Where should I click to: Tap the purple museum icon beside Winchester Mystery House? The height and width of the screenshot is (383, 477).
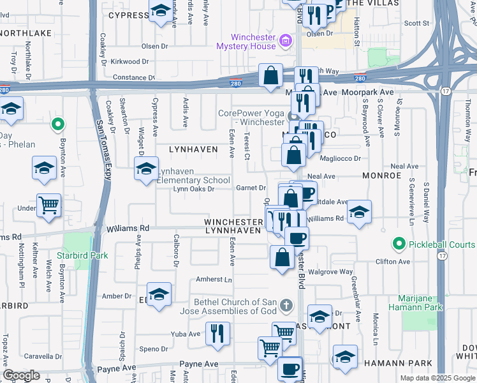coord(285,41)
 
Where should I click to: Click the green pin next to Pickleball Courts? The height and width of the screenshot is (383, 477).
coord(399,244)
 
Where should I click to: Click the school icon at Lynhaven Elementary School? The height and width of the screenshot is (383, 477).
coord(146,170)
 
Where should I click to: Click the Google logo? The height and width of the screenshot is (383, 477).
coord(21,375)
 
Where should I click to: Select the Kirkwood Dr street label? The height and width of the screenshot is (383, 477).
coord(129,62)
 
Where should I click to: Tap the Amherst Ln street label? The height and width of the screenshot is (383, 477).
coord(214,280)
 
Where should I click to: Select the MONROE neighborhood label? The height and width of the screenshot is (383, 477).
coord(381,174)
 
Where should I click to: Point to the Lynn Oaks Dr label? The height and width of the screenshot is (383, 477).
coord(193,189)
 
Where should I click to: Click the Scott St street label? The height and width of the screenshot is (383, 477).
coord(417,23)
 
